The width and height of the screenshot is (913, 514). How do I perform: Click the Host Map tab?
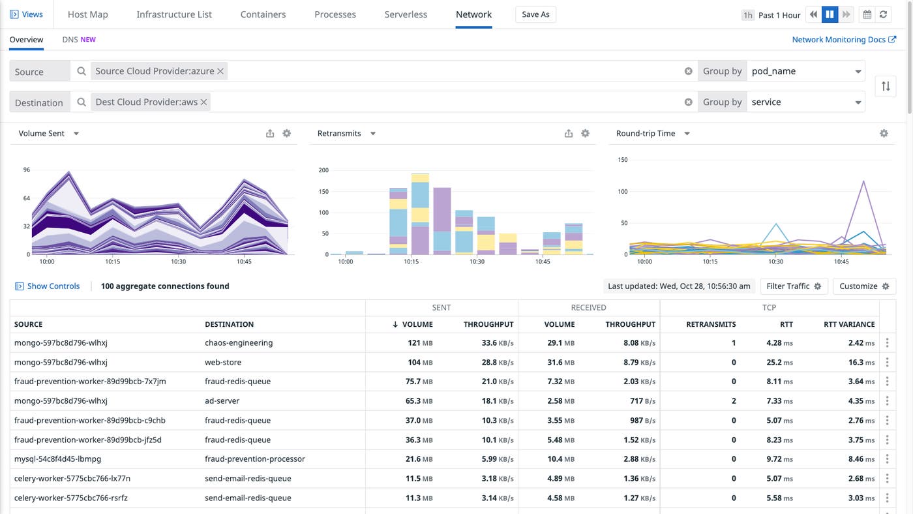(x=87, y=14)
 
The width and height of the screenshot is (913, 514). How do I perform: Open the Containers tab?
(x=263, y=14)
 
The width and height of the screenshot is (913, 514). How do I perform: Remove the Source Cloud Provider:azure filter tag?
(x=220, y=71)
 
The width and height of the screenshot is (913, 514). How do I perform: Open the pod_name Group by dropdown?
(x=805, y=71)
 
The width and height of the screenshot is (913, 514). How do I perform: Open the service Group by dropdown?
(x=805, y=102)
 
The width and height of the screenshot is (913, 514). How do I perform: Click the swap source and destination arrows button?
(x=885, y=86)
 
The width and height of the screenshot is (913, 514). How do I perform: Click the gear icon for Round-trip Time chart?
(x=884, y=133)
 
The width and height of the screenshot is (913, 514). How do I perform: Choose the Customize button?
(x=864, y=286)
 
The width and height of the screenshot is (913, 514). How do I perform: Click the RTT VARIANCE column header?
(x=848, y=324)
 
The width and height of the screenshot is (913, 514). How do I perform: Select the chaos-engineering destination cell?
(x=239, y=343)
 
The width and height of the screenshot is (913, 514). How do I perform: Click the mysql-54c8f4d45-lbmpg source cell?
(x=57, y=459)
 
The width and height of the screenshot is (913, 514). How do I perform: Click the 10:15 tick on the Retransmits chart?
(x=411, y=262)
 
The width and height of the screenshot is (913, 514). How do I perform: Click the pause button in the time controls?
(x=830, y=14)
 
